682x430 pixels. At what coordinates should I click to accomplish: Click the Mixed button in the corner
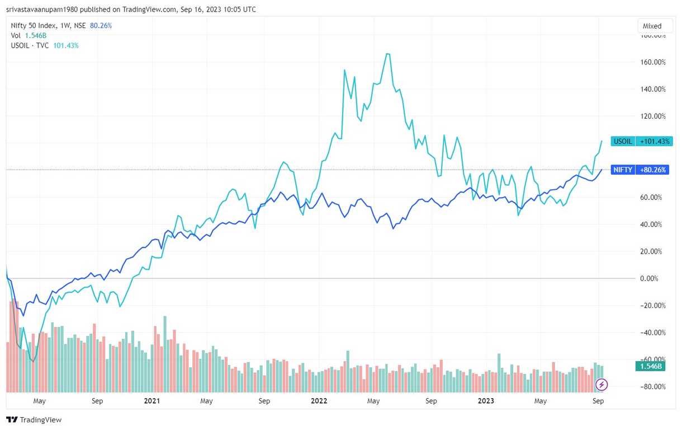(x=652, y=26)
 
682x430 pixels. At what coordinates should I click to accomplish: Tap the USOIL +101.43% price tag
(x=641, y=141)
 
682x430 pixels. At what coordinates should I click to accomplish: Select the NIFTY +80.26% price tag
(x=641, y=170)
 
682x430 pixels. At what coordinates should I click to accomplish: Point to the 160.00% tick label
(x=653, y=62)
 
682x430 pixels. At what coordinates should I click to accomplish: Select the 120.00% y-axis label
(x=653, y=116)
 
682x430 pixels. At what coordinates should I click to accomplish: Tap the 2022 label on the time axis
(x=319, y=401)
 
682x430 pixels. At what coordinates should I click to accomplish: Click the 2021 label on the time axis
(x=152, y=401)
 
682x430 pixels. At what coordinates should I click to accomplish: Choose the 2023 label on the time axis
(x=486, y=401)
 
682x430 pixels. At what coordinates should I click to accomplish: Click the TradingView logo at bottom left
(x=34, y=420)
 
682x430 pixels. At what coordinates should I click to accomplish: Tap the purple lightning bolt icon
(x=602, y=385)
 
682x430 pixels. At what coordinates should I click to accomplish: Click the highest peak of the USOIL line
(x=387, y=54)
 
